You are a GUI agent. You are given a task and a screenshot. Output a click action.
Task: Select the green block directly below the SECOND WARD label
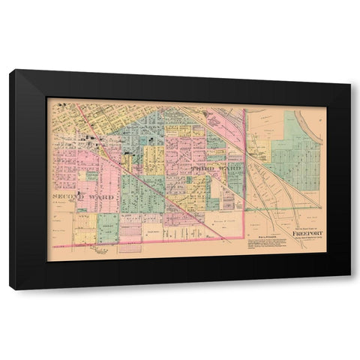(107, 226)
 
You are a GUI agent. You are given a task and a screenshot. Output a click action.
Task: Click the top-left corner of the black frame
(10, 70)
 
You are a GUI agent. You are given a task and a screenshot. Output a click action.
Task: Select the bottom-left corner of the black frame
(10, 289)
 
